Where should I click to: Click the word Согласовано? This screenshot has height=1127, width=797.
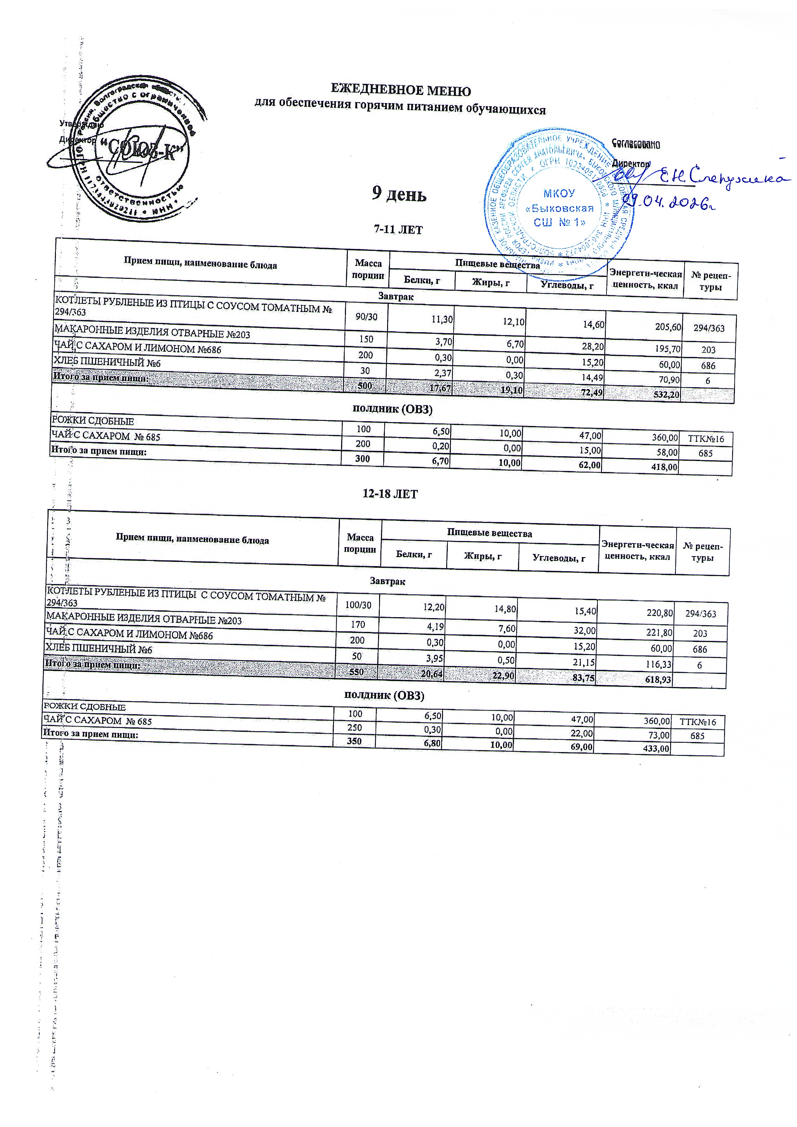pyautogui.click(x=636, y=144)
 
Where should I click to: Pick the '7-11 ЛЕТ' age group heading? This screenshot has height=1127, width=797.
pyautogui.click(x=398, y=230)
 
